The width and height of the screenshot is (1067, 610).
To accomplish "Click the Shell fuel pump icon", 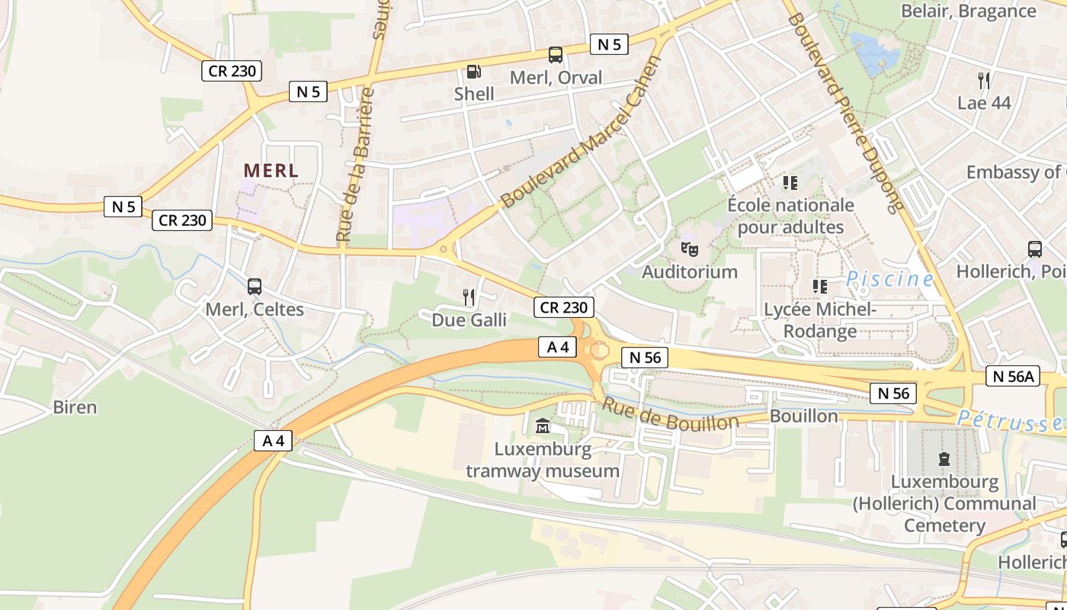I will coord(473,72).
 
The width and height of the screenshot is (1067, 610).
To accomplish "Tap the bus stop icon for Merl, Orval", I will coord(556,55).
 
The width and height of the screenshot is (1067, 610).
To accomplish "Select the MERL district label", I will coord(271,171).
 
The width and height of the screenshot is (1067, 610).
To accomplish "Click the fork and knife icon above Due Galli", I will coord(469,297).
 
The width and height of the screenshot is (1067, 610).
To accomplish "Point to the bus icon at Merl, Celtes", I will coord(255,287).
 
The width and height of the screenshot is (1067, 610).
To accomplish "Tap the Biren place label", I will coord(75,407).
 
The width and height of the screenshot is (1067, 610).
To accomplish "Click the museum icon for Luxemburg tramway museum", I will coord(543,425).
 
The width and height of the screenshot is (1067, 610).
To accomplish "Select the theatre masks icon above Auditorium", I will coord(690,249).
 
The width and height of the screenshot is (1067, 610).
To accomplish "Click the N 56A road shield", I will coord(1013,375).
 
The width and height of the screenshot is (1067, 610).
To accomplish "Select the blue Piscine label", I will coord(889,279).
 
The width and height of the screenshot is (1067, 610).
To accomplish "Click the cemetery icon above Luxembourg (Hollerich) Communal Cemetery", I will coord(944,459).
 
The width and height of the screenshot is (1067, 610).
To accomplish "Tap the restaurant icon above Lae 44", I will coord(983,80).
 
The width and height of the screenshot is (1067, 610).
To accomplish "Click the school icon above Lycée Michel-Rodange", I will coord(819,287).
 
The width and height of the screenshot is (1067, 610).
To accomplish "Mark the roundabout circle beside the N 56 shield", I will coord(600,351).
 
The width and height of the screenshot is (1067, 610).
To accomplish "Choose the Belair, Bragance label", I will coord(968,11).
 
